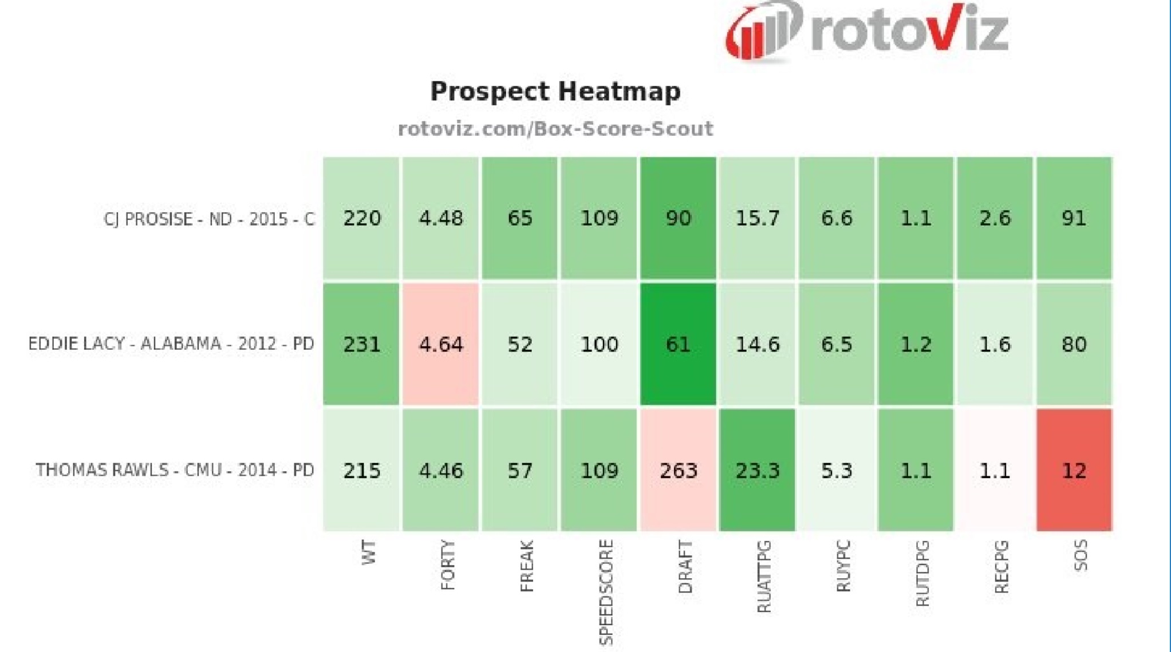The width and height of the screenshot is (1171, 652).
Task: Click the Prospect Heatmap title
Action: click(x=555, y=92)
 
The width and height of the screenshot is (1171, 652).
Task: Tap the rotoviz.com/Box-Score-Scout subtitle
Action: click(x=555, y=129)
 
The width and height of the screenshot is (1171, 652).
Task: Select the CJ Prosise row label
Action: click(x=209, y=219)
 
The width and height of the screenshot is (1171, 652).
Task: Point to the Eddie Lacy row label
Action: click(x=171, y=344)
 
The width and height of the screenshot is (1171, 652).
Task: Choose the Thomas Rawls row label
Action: click(x=175, y=471)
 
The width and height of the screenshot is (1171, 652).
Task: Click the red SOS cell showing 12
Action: click(x=1074, y=471)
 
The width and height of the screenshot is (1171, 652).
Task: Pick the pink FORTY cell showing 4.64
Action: click(x=440, y=344)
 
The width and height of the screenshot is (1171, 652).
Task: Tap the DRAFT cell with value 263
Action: click(x=678, y=471)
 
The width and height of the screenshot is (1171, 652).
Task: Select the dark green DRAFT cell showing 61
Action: click(x=678, y=344)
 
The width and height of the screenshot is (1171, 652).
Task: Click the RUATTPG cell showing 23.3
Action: click(x=757, y=471)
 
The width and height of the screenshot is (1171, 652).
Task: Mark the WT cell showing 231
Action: click(x=361, y=344)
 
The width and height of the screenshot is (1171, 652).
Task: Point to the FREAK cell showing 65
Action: click(x=519, y=218)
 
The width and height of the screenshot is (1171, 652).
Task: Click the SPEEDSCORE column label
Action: click(x=605, y=592)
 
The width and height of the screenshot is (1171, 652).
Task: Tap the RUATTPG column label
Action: click(x=764, y=576)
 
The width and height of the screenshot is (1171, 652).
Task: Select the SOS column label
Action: click(x=1080, y=555)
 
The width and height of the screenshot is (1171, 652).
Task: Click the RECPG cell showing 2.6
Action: click(x=995, y=218)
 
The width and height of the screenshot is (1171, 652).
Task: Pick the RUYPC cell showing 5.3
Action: click(x=836, y=471)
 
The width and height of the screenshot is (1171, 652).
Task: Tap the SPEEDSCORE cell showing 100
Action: click(x=599, y=344)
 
